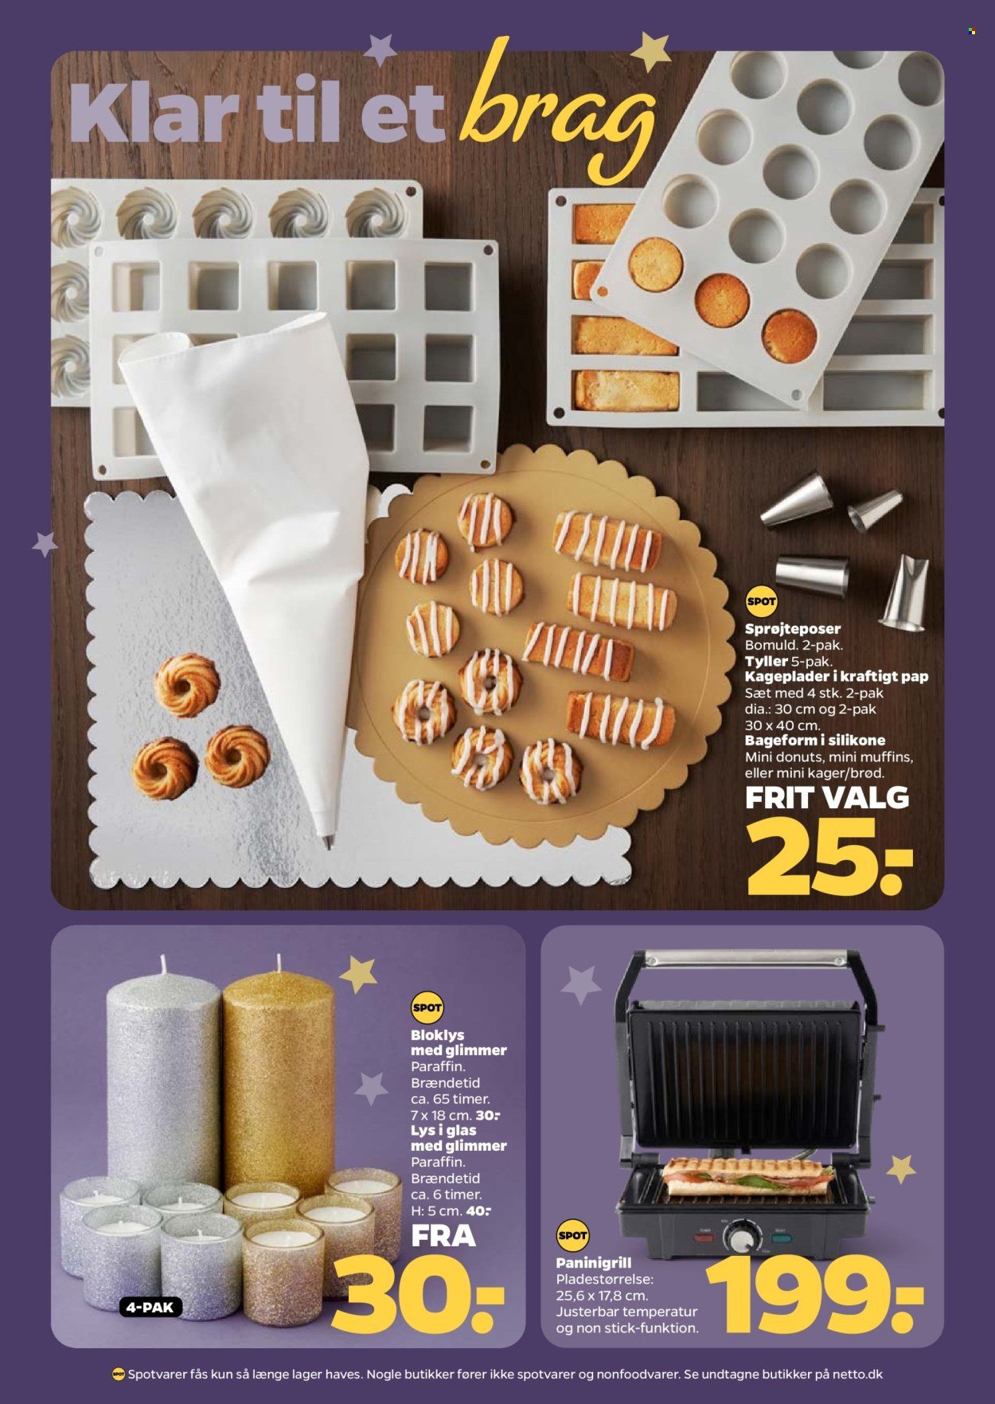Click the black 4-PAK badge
150,1307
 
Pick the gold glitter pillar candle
278,1079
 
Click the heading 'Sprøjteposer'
792,628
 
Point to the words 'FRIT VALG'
826,797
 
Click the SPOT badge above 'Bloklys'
427,1008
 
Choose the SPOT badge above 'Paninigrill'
572,1236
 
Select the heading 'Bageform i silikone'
815,740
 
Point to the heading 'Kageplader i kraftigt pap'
837,676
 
